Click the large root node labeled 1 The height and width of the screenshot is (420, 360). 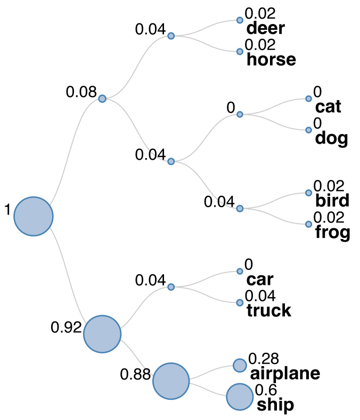click(x=33, y=216)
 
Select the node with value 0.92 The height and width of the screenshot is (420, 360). click(x=102, y=334)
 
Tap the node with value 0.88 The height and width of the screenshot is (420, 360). click(x=171, y=381)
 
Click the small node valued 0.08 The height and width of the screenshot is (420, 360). click(x=102, y=98)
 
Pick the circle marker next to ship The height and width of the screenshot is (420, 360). click(x=240, y=397)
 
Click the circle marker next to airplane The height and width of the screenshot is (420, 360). click(x=240, y=365)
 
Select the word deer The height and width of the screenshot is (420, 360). click(x=265, y=28)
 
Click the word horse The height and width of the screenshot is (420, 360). click(x=271, y=59)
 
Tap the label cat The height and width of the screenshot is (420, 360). click(x=328, y=106)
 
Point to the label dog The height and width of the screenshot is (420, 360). click(x=331, y=138)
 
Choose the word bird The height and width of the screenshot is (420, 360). click(x=332, y=201)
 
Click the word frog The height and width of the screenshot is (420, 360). click(x=332, y=232)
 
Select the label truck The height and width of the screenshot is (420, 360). click(x=269, y=310)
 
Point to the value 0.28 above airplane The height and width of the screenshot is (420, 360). click(x=264, y=359)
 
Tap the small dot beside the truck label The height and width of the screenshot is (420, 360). click(x=240, y=302)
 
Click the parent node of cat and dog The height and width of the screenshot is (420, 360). click(x=240, y=114)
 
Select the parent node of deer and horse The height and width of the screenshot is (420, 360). click(x=171, y=36)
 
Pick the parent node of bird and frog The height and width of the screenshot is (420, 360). click(x=240, y=208)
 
